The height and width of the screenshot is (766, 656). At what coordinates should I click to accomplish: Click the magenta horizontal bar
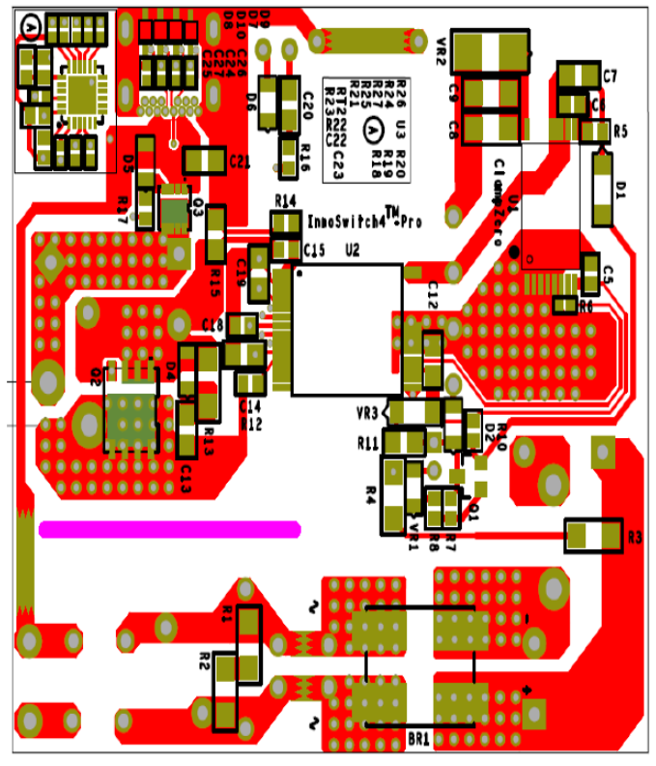(169, 529)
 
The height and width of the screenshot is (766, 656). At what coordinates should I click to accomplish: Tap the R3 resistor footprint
(593, 534)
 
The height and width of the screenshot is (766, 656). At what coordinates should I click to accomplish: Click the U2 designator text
(352, 250)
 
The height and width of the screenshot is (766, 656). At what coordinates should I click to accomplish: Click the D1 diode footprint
(603, 189)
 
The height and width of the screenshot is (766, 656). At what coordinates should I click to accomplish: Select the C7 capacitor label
(610, 75)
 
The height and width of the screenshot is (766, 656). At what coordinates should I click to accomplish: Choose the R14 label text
(285, 200)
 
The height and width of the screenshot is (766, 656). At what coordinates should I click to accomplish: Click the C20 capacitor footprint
(289, 102)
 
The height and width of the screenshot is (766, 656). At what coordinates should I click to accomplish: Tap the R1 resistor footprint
(249, 629)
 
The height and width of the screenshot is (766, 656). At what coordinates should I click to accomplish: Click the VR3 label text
(367, 412)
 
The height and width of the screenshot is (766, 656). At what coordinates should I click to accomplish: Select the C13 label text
(186, 470)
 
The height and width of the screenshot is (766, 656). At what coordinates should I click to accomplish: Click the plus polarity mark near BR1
(528, 689)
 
